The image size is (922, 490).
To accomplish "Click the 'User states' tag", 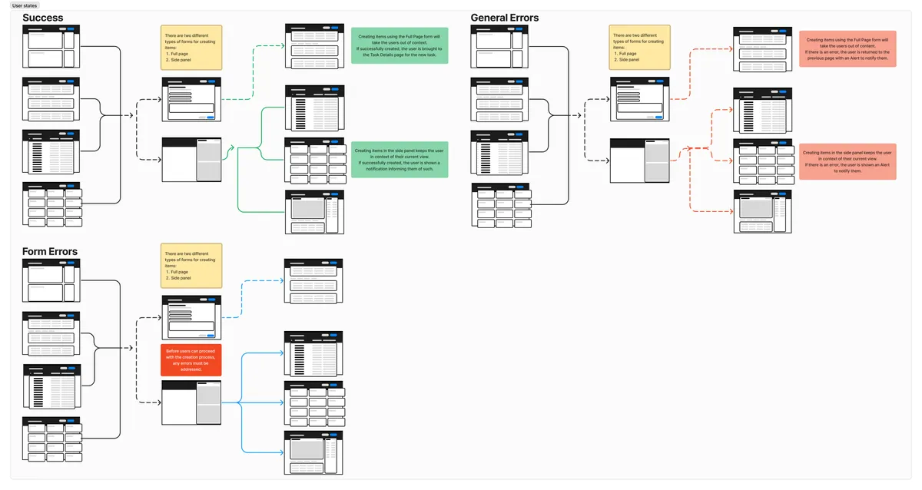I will click(25, 5).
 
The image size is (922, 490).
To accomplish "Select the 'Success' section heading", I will click(43, 18).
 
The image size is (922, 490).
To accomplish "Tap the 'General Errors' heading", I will click(505, 18).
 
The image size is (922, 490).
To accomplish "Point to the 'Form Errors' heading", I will click(50, 252).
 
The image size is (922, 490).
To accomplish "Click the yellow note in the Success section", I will click(191, 48).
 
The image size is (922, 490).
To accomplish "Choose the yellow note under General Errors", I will click(640, 48).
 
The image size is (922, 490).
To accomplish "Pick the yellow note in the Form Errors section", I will click(191, 267).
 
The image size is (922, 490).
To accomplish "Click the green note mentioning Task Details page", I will click(400, 45).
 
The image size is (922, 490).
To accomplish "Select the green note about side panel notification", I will click(400, 160).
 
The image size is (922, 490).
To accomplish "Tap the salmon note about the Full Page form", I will click(847, 48).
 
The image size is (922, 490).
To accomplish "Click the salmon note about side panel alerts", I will click(847, 161).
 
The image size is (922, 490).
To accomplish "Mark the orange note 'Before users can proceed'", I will click(191, 360).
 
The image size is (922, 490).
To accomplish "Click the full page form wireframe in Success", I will click(191, 99).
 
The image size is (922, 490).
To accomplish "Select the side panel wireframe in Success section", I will click(191, 160).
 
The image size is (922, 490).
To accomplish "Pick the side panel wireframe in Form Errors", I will click(191, 402).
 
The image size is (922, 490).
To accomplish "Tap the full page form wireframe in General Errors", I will click(640, 99).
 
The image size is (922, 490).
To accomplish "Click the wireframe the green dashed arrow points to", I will click(314, 45).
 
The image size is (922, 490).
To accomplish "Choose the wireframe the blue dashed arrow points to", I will click(314, 280).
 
